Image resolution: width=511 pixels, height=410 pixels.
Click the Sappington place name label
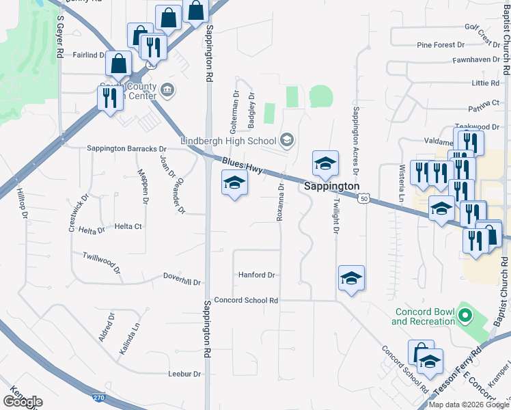331,186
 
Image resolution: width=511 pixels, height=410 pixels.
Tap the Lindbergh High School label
229,141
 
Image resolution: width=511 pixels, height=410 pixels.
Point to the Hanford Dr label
256,275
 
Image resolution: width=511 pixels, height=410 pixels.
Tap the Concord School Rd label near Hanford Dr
246,300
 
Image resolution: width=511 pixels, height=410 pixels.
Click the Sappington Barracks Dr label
126,148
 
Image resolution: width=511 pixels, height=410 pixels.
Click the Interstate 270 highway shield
100,396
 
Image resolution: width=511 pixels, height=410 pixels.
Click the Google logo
23,402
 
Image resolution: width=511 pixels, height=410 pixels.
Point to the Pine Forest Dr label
441,45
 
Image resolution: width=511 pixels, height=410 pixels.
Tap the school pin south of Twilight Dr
351,278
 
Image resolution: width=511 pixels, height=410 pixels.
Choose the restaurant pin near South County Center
110,98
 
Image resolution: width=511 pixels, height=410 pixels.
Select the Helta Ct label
128,226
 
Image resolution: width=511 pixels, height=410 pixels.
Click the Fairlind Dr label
89,55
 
